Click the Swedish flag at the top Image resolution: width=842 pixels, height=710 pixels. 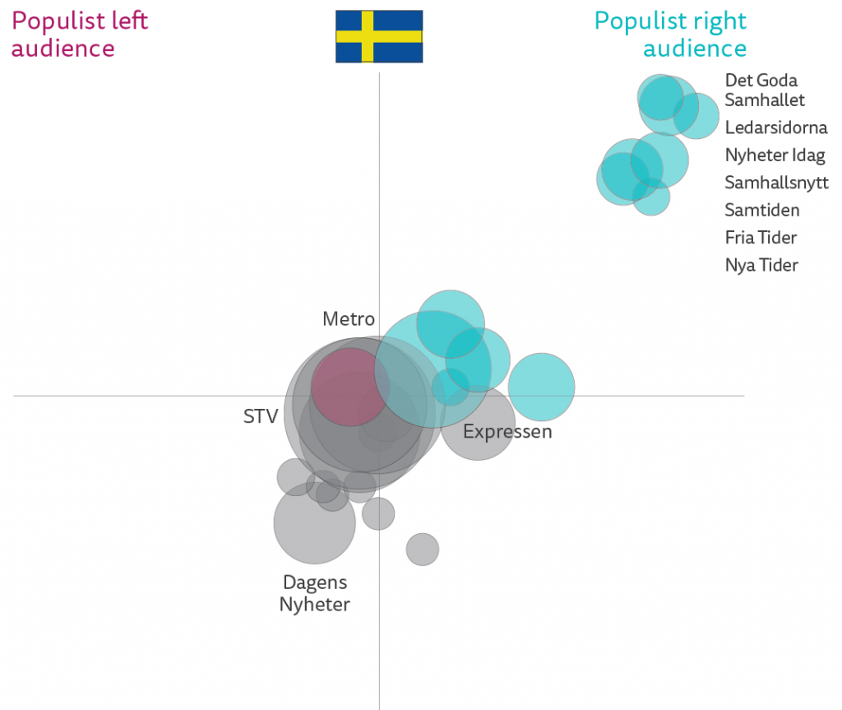coord(379,36)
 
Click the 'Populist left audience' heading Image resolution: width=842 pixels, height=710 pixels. coord(79,34)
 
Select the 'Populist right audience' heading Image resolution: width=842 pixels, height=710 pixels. coord(670,35)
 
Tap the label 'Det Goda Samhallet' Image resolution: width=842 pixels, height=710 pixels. coord(764,90)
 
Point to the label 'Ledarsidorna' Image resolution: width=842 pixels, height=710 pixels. coord(775,128)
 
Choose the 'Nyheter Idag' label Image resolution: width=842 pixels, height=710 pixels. coord(775,155)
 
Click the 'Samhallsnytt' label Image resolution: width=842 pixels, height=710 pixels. coord(776,183)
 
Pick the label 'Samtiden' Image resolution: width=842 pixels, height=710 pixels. coord(761,210)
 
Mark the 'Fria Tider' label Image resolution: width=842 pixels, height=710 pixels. coord(761,238)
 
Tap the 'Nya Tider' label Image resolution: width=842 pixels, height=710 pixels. coord(761,265)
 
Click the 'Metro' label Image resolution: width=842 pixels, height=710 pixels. coord(349,319)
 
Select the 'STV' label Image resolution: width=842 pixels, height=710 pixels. coord(261,417)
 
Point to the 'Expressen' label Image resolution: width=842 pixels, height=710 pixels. coord(507,431)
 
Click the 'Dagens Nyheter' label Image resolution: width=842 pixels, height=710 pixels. coord(315,593)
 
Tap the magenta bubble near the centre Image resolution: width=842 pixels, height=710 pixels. coord(349,387)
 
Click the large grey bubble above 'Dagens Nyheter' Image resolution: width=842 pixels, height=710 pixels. coord(314,523)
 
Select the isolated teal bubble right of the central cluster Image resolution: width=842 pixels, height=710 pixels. coord(541,386)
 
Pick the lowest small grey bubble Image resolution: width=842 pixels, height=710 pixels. coord(423,549)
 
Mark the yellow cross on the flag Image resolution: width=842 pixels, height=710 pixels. coord(367,36)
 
